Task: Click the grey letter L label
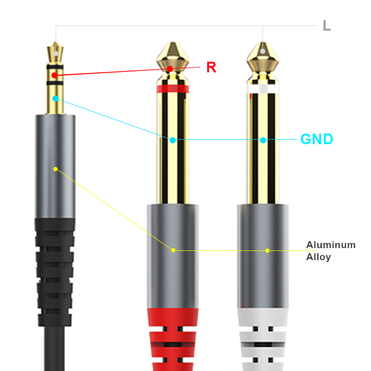pos(326,26)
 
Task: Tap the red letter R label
pos(211,67)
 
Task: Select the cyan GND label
pos(317,139)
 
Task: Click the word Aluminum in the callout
pos(331,245)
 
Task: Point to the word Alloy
pos(318,257)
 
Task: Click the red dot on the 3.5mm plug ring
pos(55,75)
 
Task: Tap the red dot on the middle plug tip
pos(170,69)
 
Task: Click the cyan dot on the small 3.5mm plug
pos(55,98)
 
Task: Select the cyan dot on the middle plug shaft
pos(173,140)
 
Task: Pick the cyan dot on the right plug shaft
pos(263,140)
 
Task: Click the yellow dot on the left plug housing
pos(55,169)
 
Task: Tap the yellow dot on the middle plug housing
pos(173,250)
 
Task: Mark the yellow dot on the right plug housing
pos(267,250)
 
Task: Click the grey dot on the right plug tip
pos(263,51)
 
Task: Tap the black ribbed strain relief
pos(55,274)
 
